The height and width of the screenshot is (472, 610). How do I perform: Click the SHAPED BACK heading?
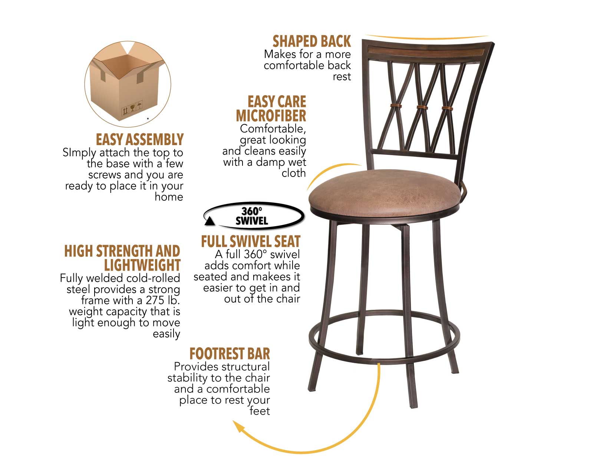(311, 41)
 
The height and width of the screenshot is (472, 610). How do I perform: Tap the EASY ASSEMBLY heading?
(139, 140)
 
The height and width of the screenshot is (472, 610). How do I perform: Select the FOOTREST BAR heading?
(230, 354)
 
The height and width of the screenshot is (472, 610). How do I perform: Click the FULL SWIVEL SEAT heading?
(250, 242)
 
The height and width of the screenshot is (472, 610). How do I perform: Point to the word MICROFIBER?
(271, 116)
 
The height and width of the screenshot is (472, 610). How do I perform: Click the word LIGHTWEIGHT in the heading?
(142, 265)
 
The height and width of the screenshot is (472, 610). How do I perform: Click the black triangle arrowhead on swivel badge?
(210, 221)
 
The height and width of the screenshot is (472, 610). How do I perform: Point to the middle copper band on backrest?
(422, 107)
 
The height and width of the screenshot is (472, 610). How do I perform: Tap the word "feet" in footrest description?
(260, 411)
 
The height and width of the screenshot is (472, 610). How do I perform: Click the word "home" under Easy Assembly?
(169, 197)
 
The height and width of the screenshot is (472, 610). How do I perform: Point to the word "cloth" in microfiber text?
(294, 173)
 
